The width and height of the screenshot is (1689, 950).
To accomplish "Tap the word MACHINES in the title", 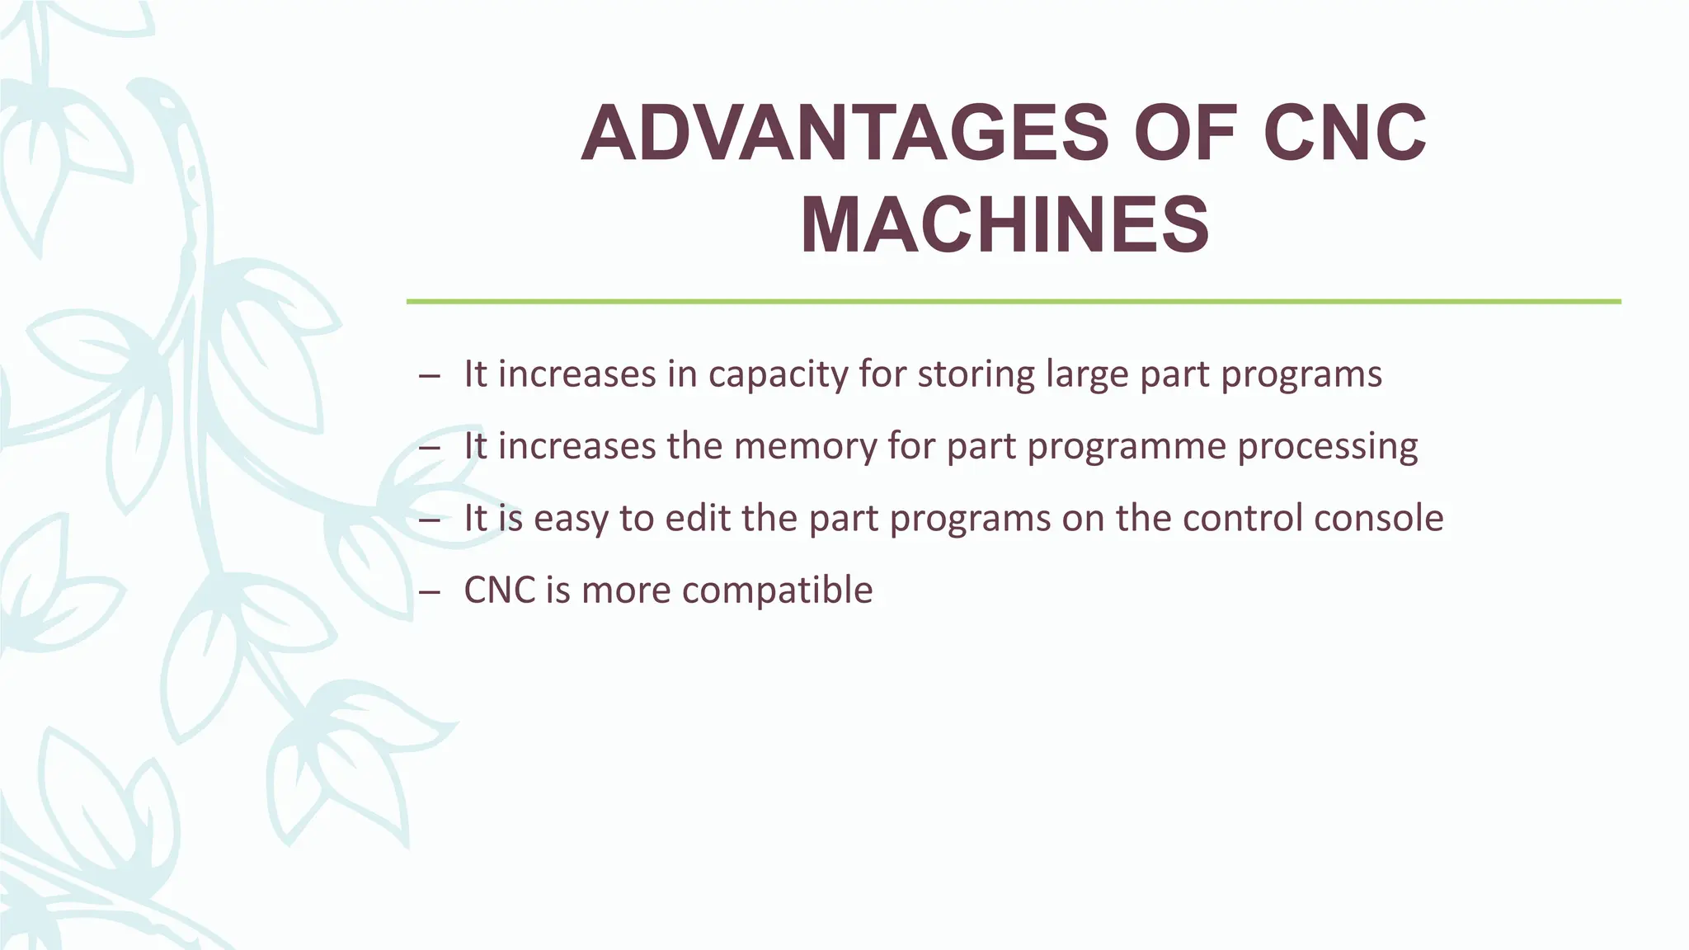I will [x=1004, y=225].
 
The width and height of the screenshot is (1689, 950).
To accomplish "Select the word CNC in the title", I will [x=1345, y=134].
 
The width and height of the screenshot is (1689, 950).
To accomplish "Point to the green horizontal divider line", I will [x=1014, y=302].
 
